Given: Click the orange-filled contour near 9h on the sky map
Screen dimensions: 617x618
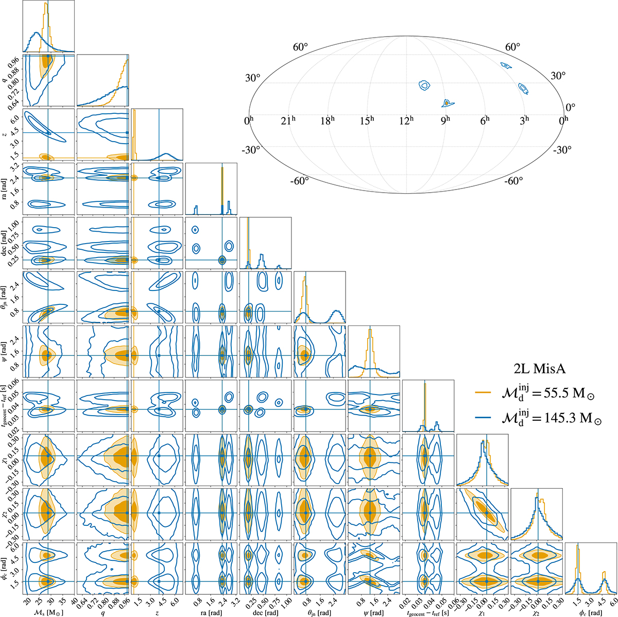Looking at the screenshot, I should coord(446,103).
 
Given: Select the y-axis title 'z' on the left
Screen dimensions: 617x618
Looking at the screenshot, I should coord(5,135).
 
